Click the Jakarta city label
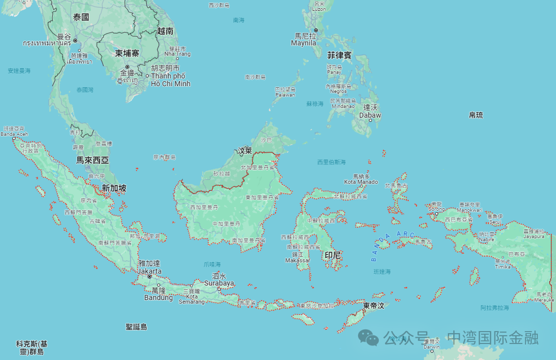click(x=149, y=271)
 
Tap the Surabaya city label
click(x=219, y=283)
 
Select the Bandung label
click(x=158, y=298)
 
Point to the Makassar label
click(x=298, y=260)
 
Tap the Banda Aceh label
click(x=14, y=134)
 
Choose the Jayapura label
click(x=534, y=237)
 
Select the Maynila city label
click(x=304, y=43)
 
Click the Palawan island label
click(x=285, y=95)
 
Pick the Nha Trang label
click(x=177, y=54)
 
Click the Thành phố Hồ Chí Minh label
click(x=171, y=80)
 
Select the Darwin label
click(x=431, y=347)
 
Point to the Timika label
click(x=502, y=267)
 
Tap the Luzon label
click(x=319, y=9)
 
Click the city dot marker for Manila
click(x=316, y=30)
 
